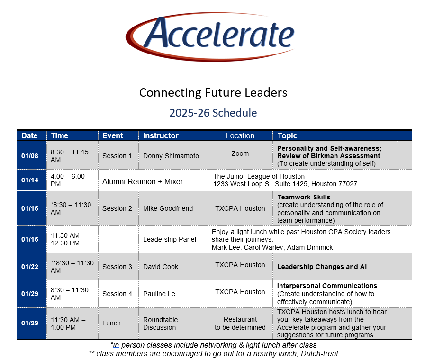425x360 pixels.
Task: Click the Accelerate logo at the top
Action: coord(210,36)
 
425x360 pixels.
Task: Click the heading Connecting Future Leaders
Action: coord(213,93)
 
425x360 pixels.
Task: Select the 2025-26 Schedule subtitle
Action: coord(213,113)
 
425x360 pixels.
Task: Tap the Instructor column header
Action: coord(161,135)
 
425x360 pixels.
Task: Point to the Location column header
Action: coord(240,135)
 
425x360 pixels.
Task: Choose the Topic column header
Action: coord(287,135)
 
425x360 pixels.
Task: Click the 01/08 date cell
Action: coord(30,156)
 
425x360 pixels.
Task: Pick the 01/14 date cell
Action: coord(30,180)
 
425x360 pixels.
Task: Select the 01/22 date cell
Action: coord(30,267)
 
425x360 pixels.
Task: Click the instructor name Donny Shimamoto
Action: coord(171,156)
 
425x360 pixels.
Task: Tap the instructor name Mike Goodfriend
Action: coord(168,208)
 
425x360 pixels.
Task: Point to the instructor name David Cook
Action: coord(161,267)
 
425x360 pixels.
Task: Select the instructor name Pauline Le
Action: coord(159,294)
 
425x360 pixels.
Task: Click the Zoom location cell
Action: coord(240,153)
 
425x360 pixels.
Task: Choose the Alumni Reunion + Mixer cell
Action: coord(143,181)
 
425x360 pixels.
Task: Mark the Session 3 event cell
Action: coord(117,267)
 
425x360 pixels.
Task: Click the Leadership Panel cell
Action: coord(170,240)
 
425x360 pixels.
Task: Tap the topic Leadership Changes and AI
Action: coord(322,267)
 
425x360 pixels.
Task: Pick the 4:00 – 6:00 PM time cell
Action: coord(68,180)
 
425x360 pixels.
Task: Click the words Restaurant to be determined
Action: coord(240,324)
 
